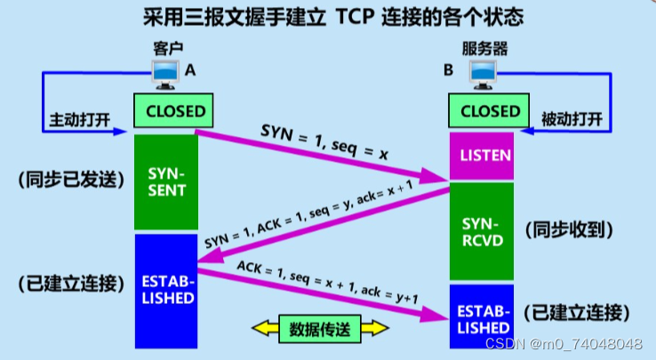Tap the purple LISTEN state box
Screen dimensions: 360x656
coord(485,156)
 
